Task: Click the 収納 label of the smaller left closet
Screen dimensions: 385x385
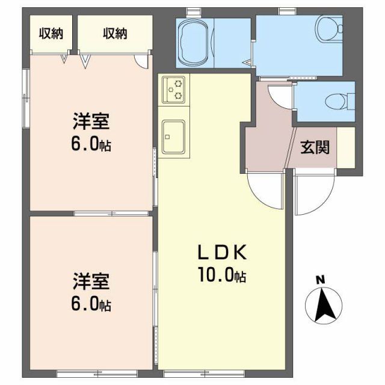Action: (x=51, y=34)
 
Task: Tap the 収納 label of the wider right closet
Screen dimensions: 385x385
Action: (x=114, y=34)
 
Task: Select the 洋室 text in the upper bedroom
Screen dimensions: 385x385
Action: (x=91, y=123)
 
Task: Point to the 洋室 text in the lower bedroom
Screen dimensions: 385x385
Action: (x=91, y=281)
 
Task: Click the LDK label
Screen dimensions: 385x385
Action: (x=221, y=251)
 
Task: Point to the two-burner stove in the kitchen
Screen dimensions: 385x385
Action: (x=173, y=88)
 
